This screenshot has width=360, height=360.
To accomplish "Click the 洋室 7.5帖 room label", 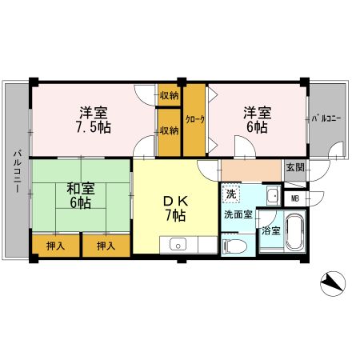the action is pos(94,120).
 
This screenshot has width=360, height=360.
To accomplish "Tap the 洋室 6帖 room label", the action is pos(257,120).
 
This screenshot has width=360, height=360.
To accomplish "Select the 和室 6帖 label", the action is pos(80,196).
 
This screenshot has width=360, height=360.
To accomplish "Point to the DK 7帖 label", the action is pos(176,208).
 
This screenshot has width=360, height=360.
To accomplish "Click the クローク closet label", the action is pos(195,119).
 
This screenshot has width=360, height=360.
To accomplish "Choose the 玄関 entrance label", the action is pos(295,168).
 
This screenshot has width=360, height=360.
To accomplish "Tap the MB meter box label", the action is pos(295,198).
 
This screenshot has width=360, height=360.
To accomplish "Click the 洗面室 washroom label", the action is pos(238,214).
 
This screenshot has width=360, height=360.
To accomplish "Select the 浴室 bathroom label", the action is pos(271,230).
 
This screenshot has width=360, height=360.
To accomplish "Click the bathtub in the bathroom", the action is pos(295,231).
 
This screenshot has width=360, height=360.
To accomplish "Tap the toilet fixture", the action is pos(234,245).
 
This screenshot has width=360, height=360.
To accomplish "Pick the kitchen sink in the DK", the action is pos(178,244).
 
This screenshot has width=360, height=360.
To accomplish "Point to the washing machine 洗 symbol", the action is pos(231,194).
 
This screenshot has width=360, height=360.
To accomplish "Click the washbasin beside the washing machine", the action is pos(274,195).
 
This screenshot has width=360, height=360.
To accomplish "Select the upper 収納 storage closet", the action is pos(170,95).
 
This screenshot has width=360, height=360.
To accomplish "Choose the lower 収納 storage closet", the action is pos(170,132).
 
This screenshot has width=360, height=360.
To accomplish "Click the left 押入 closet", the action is pos(56,246).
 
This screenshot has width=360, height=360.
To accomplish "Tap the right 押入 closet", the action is pos(106,246).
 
